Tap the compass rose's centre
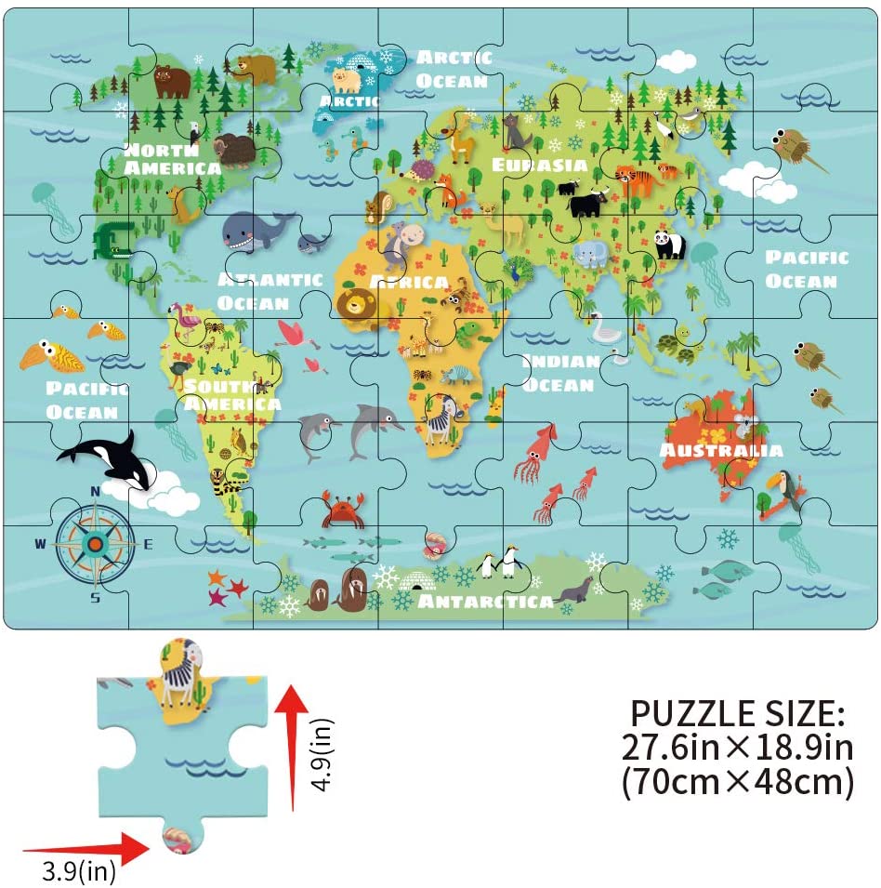coord(95,543)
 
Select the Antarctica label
coord(486,601)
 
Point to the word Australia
coord(721,451)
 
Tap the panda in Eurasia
coord(668,245)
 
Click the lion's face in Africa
coord(356,304)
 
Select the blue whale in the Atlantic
coord(253,231)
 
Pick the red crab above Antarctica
coord(342,510)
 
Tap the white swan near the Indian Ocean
coord(607,327)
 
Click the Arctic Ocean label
coord(454,69)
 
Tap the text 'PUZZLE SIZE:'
coord(738,713)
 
